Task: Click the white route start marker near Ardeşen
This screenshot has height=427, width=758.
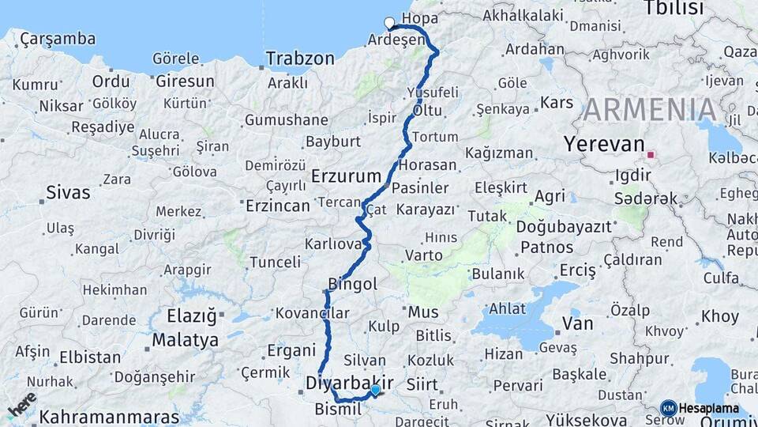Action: pos(389,23)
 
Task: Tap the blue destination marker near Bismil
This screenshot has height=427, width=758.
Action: pos(375,389)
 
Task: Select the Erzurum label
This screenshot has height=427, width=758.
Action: pos(346,176)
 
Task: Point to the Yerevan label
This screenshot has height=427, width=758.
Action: pos(604,144)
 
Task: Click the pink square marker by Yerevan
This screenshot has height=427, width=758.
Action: pos(651,155)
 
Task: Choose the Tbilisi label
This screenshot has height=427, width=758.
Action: pos(674,9)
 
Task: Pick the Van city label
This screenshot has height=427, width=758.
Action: pos(577,323)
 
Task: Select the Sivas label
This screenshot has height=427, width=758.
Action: pos(68,191)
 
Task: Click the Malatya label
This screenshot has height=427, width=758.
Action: pos(185,341)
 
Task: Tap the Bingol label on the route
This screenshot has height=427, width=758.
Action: pos(352,284)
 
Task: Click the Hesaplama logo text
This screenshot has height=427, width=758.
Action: pos(708,408)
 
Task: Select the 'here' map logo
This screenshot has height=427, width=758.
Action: pos(22,404)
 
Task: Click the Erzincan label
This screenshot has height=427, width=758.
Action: pos(277,206)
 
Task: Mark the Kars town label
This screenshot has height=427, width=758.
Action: pos(557,103)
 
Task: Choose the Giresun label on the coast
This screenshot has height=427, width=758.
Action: pos(185,81)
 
